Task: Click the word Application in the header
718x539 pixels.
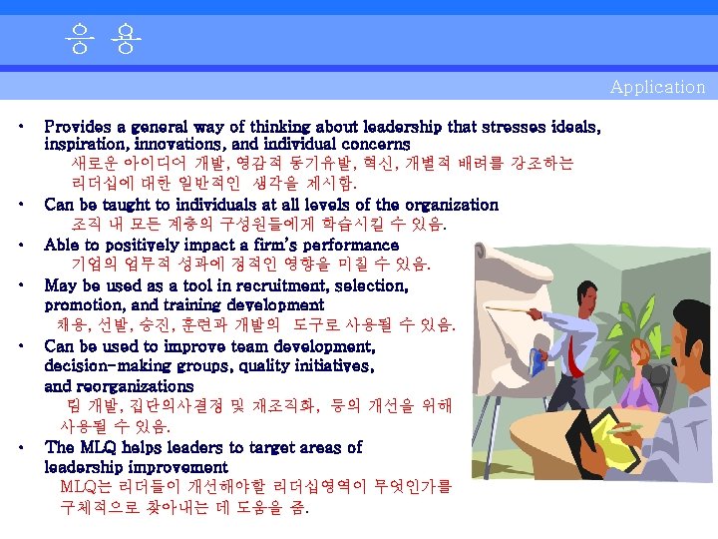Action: tap(657, 87)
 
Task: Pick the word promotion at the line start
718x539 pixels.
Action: tap(82, 305)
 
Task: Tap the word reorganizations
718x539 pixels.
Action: tap(137, 386)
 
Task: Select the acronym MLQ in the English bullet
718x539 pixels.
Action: tap(100, 447)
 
